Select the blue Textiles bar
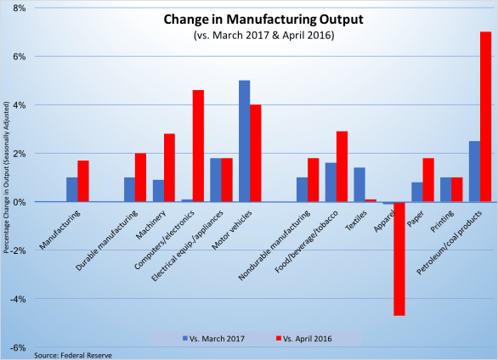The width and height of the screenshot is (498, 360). click(x=359, y=184)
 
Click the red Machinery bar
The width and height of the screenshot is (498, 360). click(x=169, y=167)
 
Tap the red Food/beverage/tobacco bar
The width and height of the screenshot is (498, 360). click(x=342, y=166)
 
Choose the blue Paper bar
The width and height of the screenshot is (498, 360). click(x=416, y=192)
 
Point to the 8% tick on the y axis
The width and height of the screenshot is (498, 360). click(x=18, y=8)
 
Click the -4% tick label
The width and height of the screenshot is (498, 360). click(x=16, y=299)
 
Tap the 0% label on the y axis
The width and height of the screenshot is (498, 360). click(x=18, y=202)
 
